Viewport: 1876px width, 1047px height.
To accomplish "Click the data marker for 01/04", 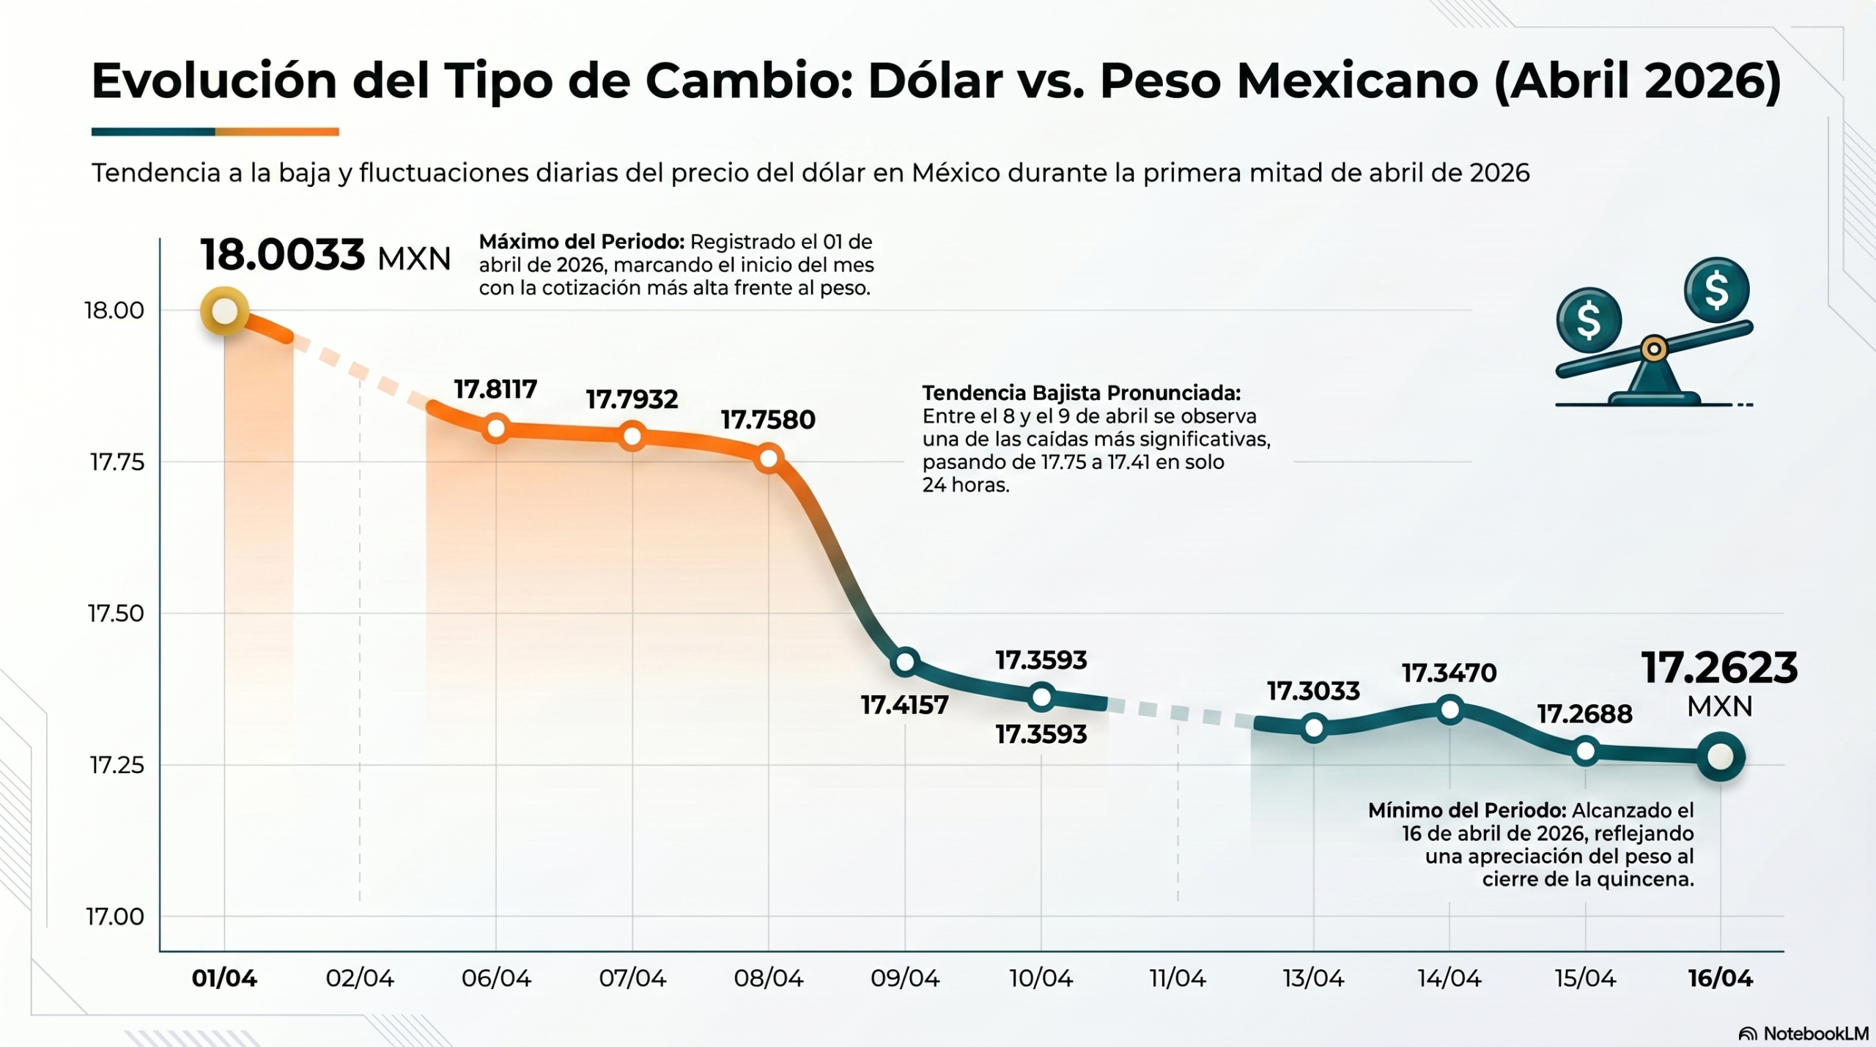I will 224,311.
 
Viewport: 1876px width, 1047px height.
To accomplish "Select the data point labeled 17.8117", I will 496,428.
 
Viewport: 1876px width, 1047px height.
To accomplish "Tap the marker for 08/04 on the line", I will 769,459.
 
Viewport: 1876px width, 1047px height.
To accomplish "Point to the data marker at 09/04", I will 905,662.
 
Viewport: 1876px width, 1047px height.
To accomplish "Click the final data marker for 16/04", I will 1720,757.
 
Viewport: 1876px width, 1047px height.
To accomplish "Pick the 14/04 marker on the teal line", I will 1450,709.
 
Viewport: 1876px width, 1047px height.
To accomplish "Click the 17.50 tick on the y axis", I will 116,613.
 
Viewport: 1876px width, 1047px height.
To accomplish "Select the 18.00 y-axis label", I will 114,311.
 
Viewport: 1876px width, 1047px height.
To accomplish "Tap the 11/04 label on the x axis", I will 1177,978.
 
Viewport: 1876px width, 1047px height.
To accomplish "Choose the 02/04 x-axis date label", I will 360,978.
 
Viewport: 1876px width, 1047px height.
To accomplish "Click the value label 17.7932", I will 632,399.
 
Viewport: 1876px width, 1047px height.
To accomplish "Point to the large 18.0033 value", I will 282,255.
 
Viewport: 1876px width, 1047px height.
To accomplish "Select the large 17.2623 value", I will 1719,668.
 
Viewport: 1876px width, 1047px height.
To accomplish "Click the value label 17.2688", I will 1584,714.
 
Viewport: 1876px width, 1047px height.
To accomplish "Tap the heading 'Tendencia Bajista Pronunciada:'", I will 1081,393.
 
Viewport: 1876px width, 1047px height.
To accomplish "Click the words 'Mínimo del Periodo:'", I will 1466,810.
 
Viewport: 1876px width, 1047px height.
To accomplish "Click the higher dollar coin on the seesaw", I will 1716,289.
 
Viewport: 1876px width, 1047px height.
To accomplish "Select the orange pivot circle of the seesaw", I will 1653,349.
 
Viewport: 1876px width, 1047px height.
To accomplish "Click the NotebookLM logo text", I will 1815,1034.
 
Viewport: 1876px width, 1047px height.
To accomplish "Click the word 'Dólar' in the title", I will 935,81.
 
